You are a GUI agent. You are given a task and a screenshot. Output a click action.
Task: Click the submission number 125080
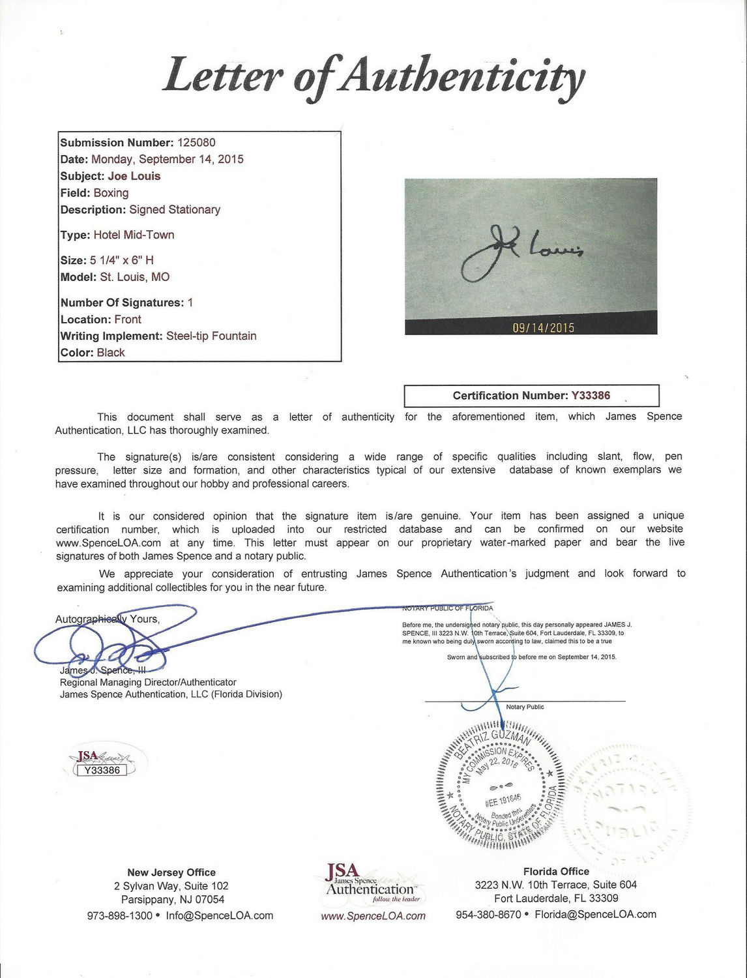(196, 143)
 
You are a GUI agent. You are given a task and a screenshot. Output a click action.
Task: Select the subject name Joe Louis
(134, 176)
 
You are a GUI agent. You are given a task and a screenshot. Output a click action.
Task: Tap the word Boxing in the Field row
(111, 193)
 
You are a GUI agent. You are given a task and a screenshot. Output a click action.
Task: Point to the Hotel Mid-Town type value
(134, 235)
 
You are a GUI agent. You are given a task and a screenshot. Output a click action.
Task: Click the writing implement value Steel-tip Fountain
(211, 336)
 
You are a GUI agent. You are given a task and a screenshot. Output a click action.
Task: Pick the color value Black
(111, 353)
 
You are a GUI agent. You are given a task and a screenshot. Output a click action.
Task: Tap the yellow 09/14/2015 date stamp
(543, 327)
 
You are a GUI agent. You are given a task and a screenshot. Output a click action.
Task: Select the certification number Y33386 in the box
(591, 396)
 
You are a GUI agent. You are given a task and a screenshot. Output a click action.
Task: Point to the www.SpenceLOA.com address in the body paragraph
(108, 543)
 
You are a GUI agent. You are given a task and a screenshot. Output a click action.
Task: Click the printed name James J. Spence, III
(103, 670)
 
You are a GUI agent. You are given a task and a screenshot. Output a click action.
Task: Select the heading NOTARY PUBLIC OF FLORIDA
(447, 608)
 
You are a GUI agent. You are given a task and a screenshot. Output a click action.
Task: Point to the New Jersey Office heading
(171, 872)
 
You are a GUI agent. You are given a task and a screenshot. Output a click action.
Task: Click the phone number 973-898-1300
(119, 915)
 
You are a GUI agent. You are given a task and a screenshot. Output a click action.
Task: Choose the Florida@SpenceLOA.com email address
(595, 914)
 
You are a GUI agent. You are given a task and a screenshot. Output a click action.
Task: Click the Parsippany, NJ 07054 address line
(173, 900)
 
